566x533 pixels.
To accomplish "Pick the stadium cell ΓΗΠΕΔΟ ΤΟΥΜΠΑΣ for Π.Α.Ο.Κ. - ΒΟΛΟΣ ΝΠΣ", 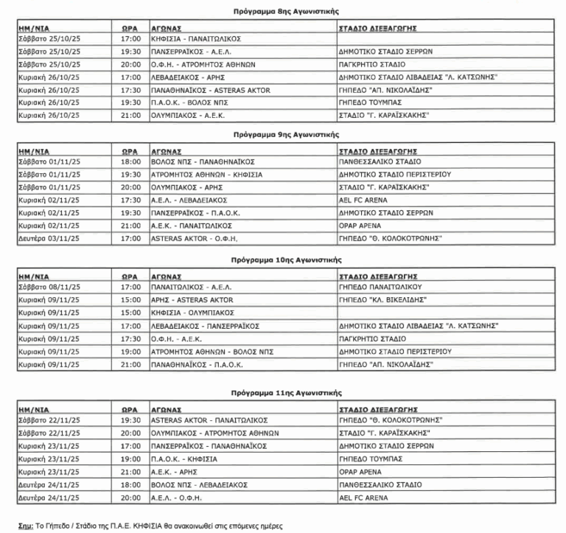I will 368,103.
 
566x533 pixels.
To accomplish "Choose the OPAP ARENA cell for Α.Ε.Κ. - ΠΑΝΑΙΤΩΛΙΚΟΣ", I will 363,227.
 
